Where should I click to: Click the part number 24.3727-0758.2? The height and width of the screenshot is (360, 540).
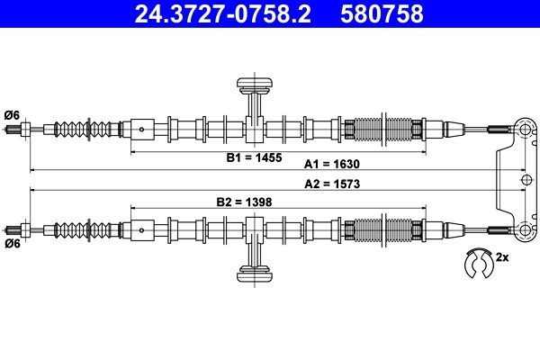[x=222, y=13]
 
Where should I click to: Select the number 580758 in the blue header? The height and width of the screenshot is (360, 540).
[x=382, y=13]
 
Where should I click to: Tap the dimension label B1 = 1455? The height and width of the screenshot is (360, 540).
[x=254, y=157]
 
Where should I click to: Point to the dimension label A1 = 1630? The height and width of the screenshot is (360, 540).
[x=331, y=164]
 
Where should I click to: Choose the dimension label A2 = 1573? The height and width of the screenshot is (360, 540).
[x=332, y=184]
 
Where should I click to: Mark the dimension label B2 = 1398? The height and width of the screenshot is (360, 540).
[x=244, y=202]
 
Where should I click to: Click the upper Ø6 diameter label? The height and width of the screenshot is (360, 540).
[x=12, y=115]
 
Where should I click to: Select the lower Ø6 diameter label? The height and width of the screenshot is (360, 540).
[x=13, y=244]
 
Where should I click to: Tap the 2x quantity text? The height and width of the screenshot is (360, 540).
[x=502, y=257]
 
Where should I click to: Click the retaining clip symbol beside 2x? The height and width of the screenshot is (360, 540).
[x=479, y=263]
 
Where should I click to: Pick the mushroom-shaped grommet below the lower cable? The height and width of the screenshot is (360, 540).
[x=255, y=274]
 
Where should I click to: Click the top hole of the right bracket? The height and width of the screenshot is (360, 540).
[x=526, y=130]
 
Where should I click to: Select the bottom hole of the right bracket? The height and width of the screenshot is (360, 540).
[x=526, y=229]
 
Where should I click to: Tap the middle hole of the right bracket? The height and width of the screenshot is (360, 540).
[x=526, y=179]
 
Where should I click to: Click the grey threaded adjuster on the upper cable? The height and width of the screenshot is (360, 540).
[x=383, y=130]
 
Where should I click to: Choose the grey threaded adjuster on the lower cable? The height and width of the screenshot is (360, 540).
[x=383, y=229]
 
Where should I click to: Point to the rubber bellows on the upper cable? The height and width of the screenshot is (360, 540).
[x=86, y=130]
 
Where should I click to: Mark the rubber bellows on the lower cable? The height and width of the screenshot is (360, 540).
[x=86, y=229]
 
